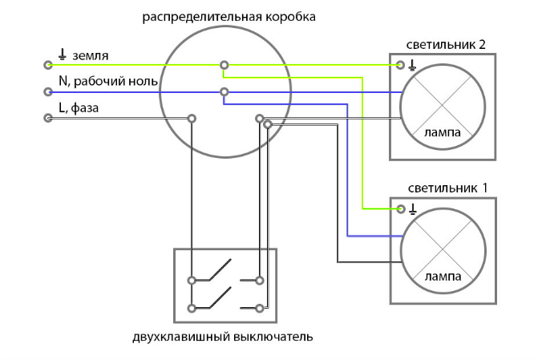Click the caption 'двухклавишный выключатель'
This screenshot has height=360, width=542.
tap(222, 336)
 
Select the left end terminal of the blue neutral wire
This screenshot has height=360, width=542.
tap(47, 91)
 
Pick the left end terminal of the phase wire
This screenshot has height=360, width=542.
tap(47, 119)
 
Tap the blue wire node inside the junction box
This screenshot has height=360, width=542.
tap(224, 91)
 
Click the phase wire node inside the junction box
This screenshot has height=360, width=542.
tap(192, 119)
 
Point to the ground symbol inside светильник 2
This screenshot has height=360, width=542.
tap(412, 66)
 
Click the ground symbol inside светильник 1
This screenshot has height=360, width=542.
tap(412, 210)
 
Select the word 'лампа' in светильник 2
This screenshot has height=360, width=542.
tap(442, 133)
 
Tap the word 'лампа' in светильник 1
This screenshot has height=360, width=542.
tap(442, 277)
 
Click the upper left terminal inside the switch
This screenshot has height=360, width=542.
tap(192, 281)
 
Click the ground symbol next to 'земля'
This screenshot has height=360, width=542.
tap(62, 55)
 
